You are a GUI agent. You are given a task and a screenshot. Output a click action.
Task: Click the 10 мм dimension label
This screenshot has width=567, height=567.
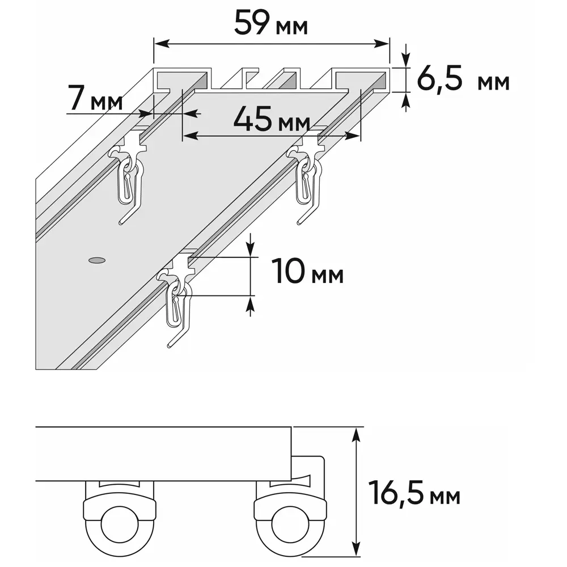307,272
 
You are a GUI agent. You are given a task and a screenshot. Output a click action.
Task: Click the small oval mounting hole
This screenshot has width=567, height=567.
97,260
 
